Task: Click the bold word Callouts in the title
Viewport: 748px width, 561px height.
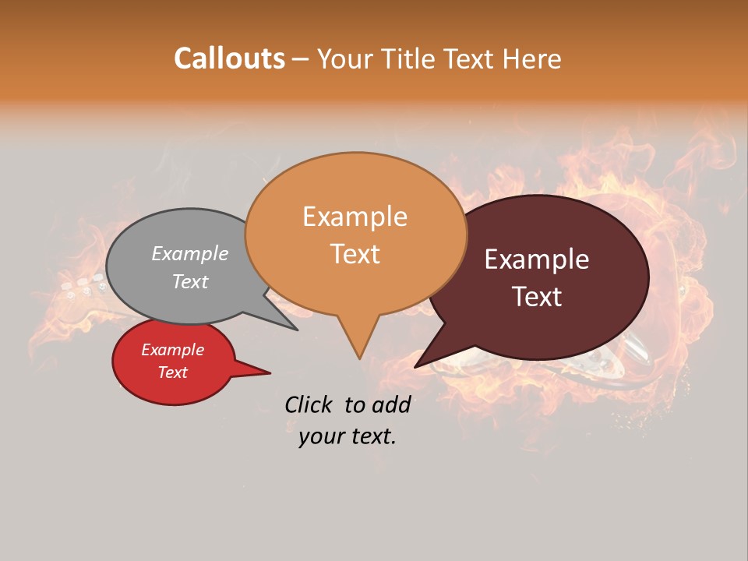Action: pos(229,58)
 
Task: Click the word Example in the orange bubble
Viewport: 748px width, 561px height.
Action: pos(355,217)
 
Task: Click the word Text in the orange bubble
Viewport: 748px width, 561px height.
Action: pos(355,254)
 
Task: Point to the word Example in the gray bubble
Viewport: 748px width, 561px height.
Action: pos(189,253)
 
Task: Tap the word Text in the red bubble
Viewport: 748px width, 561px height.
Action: pos(172,372)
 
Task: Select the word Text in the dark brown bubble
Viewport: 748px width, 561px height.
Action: pos(538,297)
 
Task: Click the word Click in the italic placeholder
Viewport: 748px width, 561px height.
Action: pos(309,404)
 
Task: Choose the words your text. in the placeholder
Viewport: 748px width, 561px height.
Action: pos(348,437)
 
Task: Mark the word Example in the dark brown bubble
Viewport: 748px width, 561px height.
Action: pos(537,259)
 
